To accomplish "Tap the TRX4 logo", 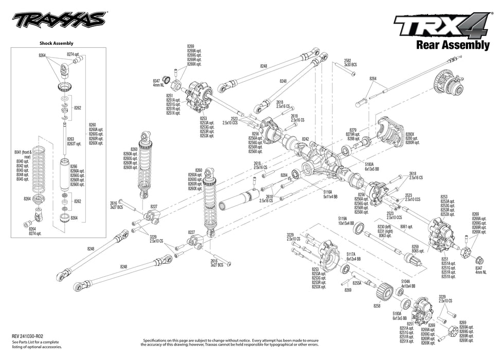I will (x=441, y=26).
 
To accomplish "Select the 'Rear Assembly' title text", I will (x=452, y=45).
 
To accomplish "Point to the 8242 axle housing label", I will (x=305, y=139).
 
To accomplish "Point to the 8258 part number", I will (x=377, y=305).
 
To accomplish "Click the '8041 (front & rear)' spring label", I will (x=23, y=153).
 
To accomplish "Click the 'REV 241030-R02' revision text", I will (x=31, y=336).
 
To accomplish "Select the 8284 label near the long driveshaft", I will (x=373, y=79).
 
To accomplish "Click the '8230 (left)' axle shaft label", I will (x=384, y=227).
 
